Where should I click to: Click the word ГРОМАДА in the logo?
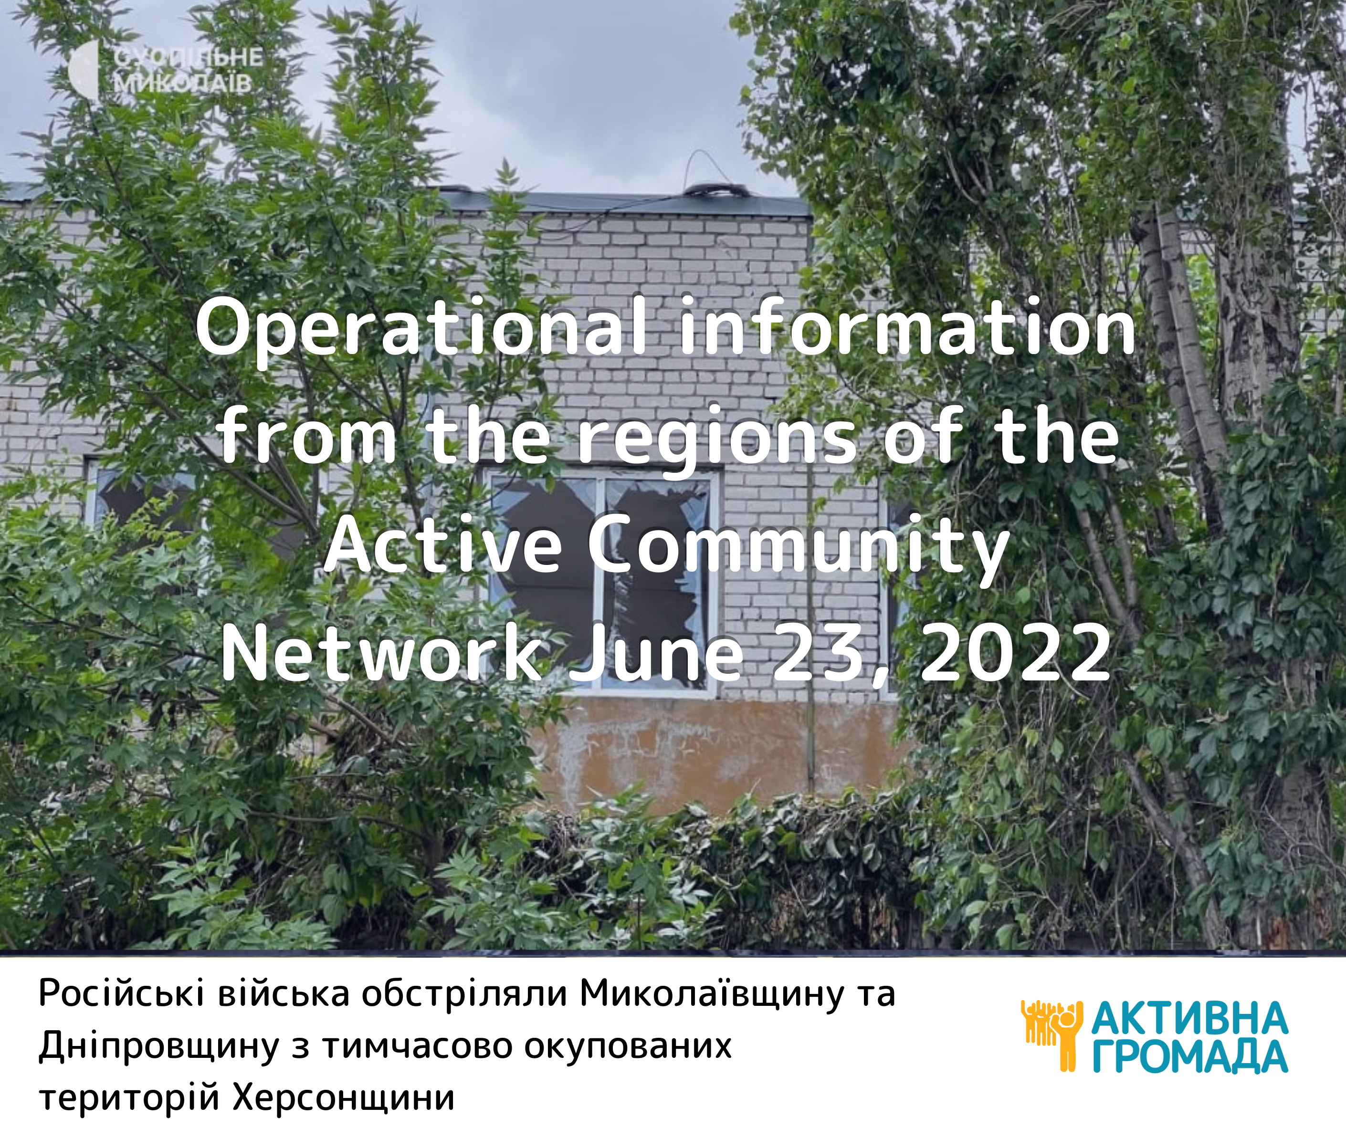(x=1189, y=1056)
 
